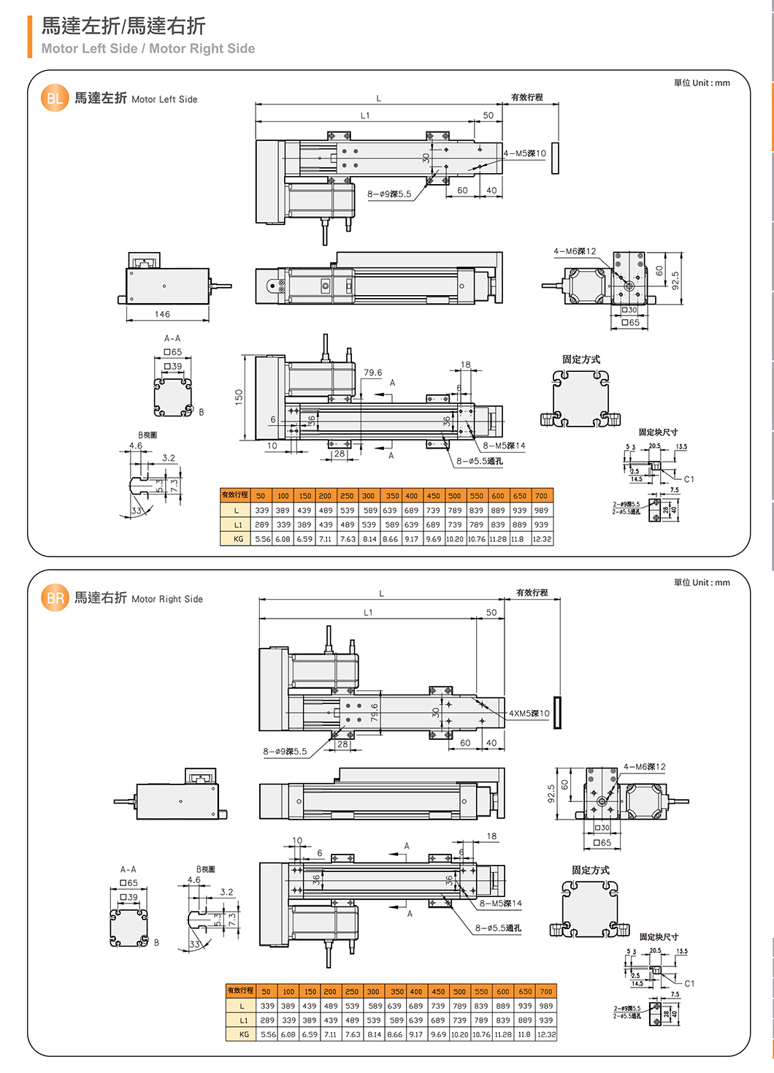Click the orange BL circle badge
pos(55,99)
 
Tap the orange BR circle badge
pos(55,598)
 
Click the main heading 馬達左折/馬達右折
pos(123,26)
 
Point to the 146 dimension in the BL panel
pos(162,314)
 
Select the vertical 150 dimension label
pos(239,397)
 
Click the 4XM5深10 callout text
pos(529,714)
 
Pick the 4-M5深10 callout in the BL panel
pos(525,153)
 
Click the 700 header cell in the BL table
pos(541,496)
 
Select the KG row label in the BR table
pos(244,1034)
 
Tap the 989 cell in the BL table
pos(541,511)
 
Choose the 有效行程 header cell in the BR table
pos(240,991)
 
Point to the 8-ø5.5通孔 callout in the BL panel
pos(480,461)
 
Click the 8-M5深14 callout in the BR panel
pos(501,904)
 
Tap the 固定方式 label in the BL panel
pos(581,359)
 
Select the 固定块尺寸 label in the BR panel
pos(659,936)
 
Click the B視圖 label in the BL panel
pos(147,435)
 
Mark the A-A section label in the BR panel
pos(129,869)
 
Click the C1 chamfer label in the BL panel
pos(689,479)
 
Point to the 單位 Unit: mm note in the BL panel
pos(702,83)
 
